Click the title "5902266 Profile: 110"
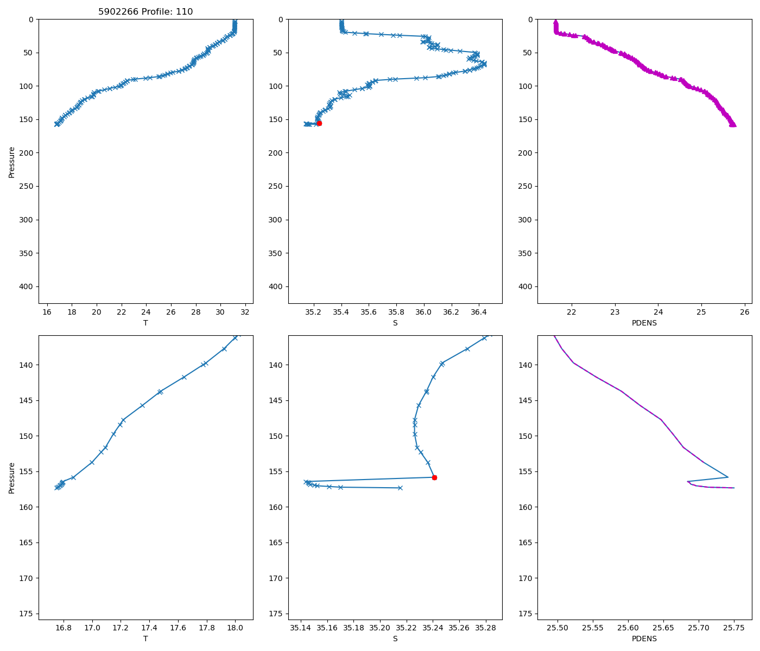[x=145, y=12]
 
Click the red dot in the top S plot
[x=319, y=123]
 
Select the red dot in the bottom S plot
[x=434, y=477]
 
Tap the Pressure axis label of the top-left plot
[x=12, y=162]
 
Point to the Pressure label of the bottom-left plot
[x=12, y=478]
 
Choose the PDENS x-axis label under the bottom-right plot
[x=644, y=639]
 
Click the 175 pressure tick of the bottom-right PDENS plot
[x=528, y=614]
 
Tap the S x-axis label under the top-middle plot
[x=395, y=323]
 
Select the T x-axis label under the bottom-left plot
[x=145, y=639]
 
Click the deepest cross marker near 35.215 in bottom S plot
[x=400, y=488]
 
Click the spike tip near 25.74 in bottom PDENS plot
[x=728, y=477]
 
